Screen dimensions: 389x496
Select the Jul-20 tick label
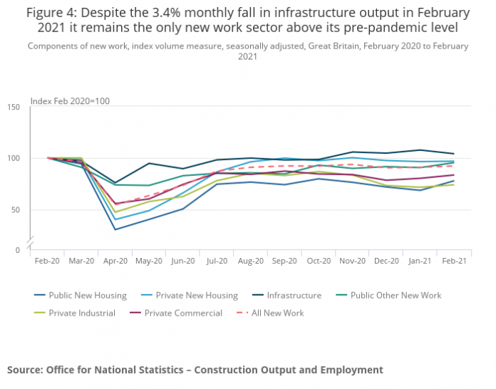click(217, 261)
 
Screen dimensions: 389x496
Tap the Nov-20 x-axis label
click(352, 261)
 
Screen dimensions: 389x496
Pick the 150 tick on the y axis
click(14, 107)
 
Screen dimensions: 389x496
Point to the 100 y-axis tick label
click(14, 158)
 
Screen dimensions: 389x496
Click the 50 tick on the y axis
click(16, 209)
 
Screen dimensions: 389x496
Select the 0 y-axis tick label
click(18, 250)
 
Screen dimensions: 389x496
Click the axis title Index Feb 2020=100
click(70, 101)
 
